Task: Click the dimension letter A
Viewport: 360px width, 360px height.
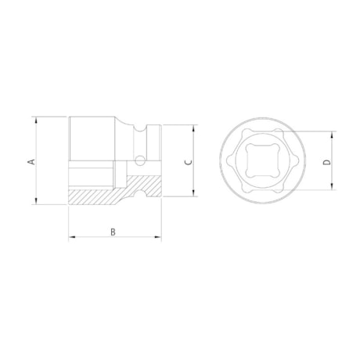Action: pos(31,161)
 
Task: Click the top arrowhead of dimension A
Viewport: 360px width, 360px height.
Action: pos(37,120)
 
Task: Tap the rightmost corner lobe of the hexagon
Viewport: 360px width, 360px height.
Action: pos(296,161)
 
